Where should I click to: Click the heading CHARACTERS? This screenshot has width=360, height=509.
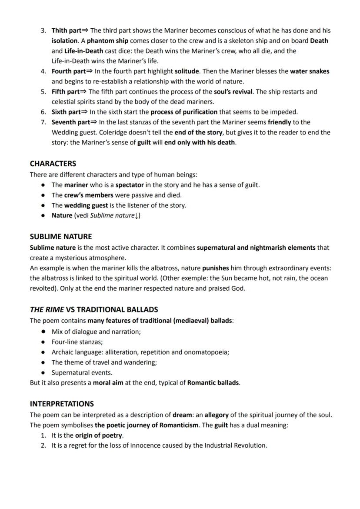pos(53,164)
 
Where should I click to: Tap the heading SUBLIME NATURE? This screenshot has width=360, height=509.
pos(60,237)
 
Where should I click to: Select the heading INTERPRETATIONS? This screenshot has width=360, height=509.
pos(62,404)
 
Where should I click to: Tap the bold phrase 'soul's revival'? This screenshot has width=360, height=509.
pos(233,92)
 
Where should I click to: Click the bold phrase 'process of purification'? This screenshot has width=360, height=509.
pos(184,112)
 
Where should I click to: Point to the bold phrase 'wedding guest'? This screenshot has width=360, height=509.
pos(86,205)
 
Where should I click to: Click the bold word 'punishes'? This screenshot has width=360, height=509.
pos(216,268)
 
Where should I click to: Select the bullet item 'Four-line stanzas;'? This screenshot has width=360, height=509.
pos(77,342)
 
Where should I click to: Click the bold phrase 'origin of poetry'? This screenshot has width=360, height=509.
pos(99,435)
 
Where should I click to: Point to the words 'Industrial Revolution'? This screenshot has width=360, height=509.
pos(235,445)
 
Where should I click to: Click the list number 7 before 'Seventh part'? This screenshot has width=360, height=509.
pos(43,122)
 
